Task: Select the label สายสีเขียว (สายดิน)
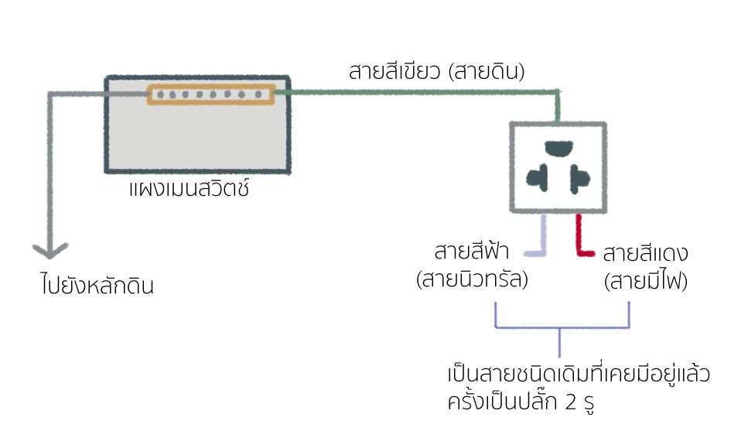coord(437,73)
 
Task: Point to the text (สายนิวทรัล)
coord(472,280)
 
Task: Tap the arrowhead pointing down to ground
coord(50,251)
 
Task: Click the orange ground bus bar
coord(210,95)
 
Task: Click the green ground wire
coord(418,92)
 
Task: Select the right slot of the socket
coord(581,180)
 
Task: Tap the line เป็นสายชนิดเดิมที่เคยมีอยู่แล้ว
coord(579,375)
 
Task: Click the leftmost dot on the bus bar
coord(159,95)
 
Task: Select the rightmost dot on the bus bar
coord(262,95)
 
